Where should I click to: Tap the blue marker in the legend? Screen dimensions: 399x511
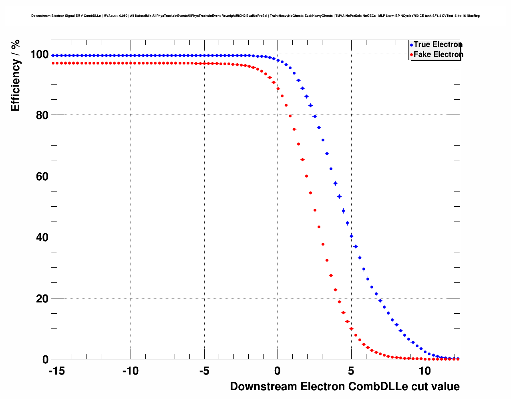pyautogui.click(x=411, y=45)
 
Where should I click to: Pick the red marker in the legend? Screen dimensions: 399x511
pyautogui.click(x=411, y=55)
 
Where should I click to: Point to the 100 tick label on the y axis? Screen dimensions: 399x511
pyautogui.click(x=39, y=54)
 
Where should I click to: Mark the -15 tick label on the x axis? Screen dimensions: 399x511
pyautogui.click(x=56, y=371)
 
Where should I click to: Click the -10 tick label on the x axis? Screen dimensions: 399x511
pyautogui.click(x=130, y=371)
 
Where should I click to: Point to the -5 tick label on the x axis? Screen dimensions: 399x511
pyautogui.click(x=204, y=371)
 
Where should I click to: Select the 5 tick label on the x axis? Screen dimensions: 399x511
pyautogui.click(x=351, y=371)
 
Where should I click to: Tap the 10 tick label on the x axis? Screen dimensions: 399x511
pyautogui.click(x=424, y=371)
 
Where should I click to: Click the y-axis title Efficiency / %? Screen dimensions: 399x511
pyautogui.click(x=16, y=75)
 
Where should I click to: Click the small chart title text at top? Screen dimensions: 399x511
pyautogui.click(x=255, y=16)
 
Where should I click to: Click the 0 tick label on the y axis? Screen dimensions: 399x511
pyautogui.click(x=45, y=360)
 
